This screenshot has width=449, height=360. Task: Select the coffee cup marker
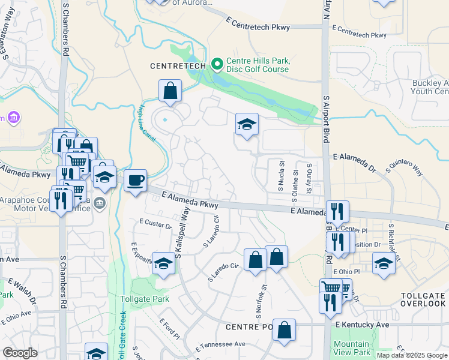click(136, 180)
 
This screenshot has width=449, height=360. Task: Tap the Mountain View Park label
click(351, 348)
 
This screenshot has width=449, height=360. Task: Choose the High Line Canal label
click(146, 120)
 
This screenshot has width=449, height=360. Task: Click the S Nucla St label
click(280, 175)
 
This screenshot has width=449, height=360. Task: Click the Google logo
click(20, 353)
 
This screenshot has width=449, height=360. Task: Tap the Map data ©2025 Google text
click(412, 355)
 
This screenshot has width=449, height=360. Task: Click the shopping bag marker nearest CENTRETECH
click(170, 92)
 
